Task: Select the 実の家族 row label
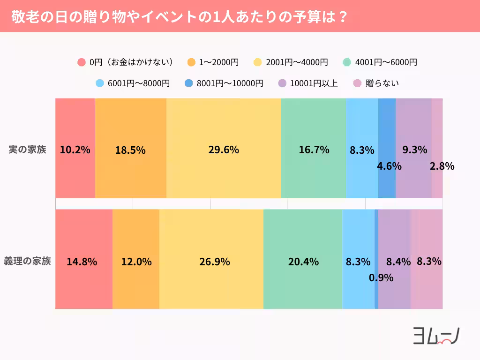28,150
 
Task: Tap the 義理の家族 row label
28,261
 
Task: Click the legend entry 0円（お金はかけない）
126,62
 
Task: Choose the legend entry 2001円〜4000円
291,62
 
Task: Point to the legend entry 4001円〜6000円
380,62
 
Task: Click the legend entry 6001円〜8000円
133,83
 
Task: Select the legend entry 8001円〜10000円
224,83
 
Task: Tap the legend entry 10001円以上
308,83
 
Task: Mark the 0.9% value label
381,277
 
